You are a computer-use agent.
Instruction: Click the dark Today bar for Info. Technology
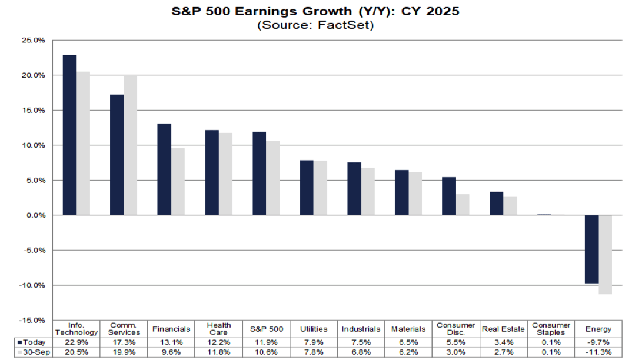tap(69, 135)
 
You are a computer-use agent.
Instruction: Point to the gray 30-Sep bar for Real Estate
tap(510, 206)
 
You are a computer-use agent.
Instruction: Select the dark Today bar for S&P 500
tap(260, 174)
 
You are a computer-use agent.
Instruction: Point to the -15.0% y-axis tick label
tap(32, 320)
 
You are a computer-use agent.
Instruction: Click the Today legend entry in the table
tap(33, 342)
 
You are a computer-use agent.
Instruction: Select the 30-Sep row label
tap(33, 352)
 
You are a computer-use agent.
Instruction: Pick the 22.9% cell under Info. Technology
tap(76, 342)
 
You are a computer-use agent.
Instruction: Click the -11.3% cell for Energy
tap(598, 352)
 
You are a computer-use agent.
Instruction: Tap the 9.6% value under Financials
tap(172, 352)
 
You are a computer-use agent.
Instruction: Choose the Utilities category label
tap(314, 329)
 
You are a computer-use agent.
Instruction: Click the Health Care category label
tap(219, 329)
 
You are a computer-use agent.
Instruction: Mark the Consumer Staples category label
tap(551, 329)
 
